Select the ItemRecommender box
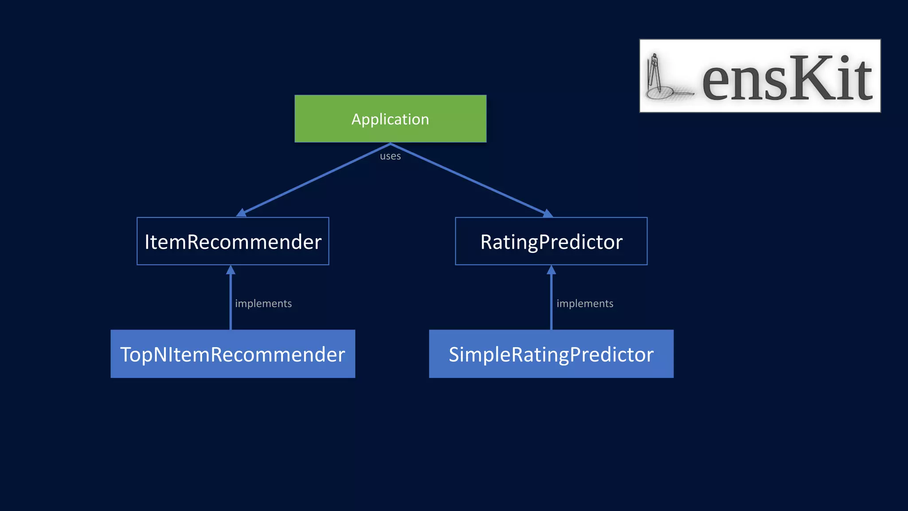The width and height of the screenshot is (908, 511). [233, 242]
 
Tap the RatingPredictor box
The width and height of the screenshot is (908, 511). [551, 242]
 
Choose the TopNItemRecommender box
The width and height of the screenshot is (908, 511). [233, 354]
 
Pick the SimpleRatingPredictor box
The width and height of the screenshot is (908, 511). [551, 354]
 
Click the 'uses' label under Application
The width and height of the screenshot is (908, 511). [390, 156]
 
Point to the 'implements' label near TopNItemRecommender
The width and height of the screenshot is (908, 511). [263, 303]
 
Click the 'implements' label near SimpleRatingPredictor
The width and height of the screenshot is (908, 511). [585, 303]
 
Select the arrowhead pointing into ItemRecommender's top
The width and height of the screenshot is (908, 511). [242, 213]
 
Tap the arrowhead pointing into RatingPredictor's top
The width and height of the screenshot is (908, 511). [548, 213]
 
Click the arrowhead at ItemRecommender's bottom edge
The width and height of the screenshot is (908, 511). [231, 270]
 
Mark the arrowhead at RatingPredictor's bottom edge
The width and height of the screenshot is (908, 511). [551, 270]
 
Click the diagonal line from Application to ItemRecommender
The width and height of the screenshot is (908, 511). [316, 179]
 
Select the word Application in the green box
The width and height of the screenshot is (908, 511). [390, 119]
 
